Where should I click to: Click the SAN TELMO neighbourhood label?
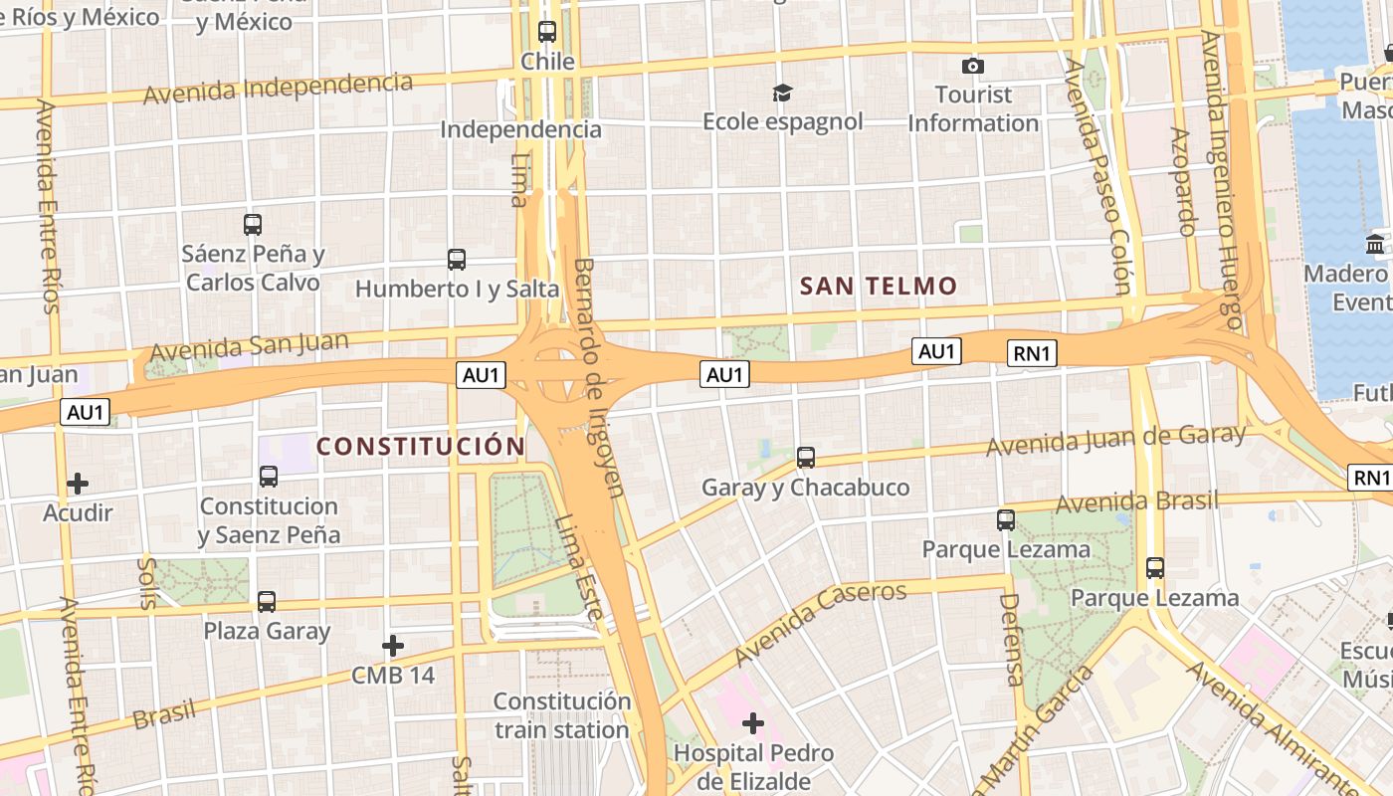[879, 287]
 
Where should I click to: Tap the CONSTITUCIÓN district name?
[420, 447]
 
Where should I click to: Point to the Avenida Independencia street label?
[278, 88]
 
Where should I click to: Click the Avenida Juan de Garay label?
[1115, 440]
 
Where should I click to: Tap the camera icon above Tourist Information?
[973, 66]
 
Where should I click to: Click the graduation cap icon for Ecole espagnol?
[783, 93]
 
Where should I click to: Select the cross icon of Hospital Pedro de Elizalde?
[753, 722]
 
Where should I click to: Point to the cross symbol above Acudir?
[78, 485]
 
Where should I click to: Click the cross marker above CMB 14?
[393, 647]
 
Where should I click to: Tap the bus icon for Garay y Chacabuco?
[806, 458]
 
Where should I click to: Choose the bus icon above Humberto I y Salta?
[457, 260]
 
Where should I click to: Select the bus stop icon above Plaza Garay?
[267, 602]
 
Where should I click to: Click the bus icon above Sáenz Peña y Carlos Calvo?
[253, 225]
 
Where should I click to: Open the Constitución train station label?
[563, 715]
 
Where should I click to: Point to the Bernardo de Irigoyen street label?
[600, 377]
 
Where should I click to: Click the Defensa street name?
[1011, 640]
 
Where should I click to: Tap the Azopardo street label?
[1181, 181]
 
